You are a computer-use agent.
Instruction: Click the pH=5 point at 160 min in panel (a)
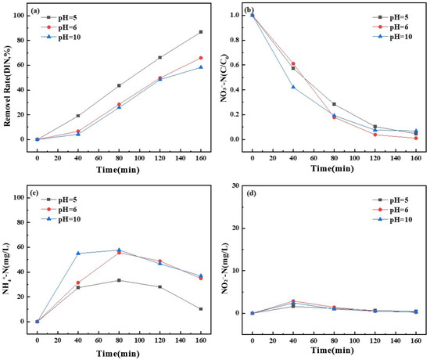click(201, 32)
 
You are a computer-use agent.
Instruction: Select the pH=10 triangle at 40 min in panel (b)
click(293, 87)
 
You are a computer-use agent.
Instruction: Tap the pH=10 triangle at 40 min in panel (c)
click(78, 254)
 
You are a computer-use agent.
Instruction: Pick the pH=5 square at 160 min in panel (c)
click(201, 309)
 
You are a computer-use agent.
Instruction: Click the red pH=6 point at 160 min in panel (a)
click(201, 58)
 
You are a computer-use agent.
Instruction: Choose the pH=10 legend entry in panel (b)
click(392, 37)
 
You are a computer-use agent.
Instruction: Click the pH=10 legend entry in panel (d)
click(392, 219)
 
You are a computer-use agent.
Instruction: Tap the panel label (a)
click(36, 11)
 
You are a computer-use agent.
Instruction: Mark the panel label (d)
click(251, 193)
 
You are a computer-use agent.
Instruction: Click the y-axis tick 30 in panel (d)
click(235, 185)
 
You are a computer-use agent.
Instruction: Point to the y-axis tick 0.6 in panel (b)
click(235, 65)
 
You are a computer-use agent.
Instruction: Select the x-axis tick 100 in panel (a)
click(140, 158)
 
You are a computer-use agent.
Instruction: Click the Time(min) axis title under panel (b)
click(332, 168)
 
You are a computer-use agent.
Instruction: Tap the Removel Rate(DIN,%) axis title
click(7, 81)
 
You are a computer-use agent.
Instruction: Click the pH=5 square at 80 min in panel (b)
click(334, 104)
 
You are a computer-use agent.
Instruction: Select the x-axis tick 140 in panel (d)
click(396, 340)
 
